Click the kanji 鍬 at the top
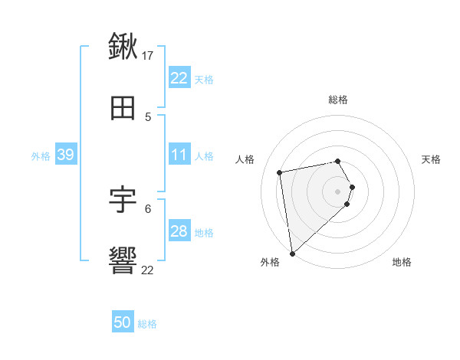(123, 47)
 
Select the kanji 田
(123, 109)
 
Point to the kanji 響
(123, 261)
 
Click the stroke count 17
(148, 55)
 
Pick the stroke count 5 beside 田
(148, 116)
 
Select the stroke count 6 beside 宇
(148, 208)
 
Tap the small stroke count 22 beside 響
(148, 270)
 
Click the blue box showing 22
(179, 78)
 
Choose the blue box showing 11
(179, 155)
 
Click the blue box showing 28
(179, 231)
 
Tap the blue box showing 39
(65, 155)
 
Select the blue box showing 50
(123, 322)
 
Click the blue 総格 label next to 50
(147, 324)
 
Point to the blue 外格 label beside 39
(41, 155)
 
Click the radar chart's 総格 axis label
(338, 100)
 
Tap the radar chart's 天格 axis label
(432, 159)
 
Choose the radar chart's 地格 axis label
(402, 262)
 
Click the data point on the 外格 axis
(292, 253)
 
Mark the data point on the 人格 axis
(280, 172)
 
